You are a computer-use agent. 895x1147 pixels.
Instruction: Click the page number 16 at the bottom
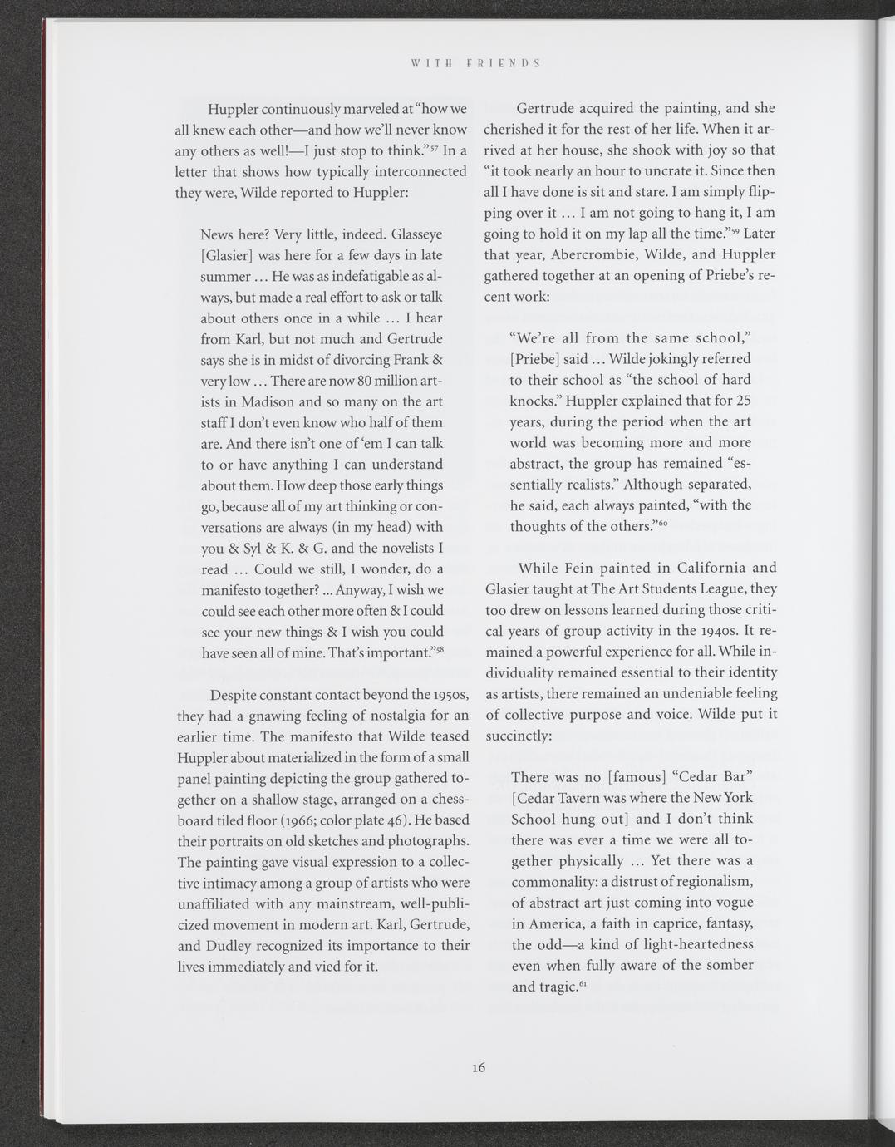point(477,1068)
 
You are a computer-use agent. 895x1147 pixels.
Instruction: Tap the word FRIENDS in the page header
point(503,62)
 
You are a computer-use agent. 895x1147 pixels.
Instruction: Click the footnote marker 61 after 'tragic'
point(583,984)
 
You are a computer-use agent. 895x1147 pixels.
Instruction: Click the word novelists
point(401,548)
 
